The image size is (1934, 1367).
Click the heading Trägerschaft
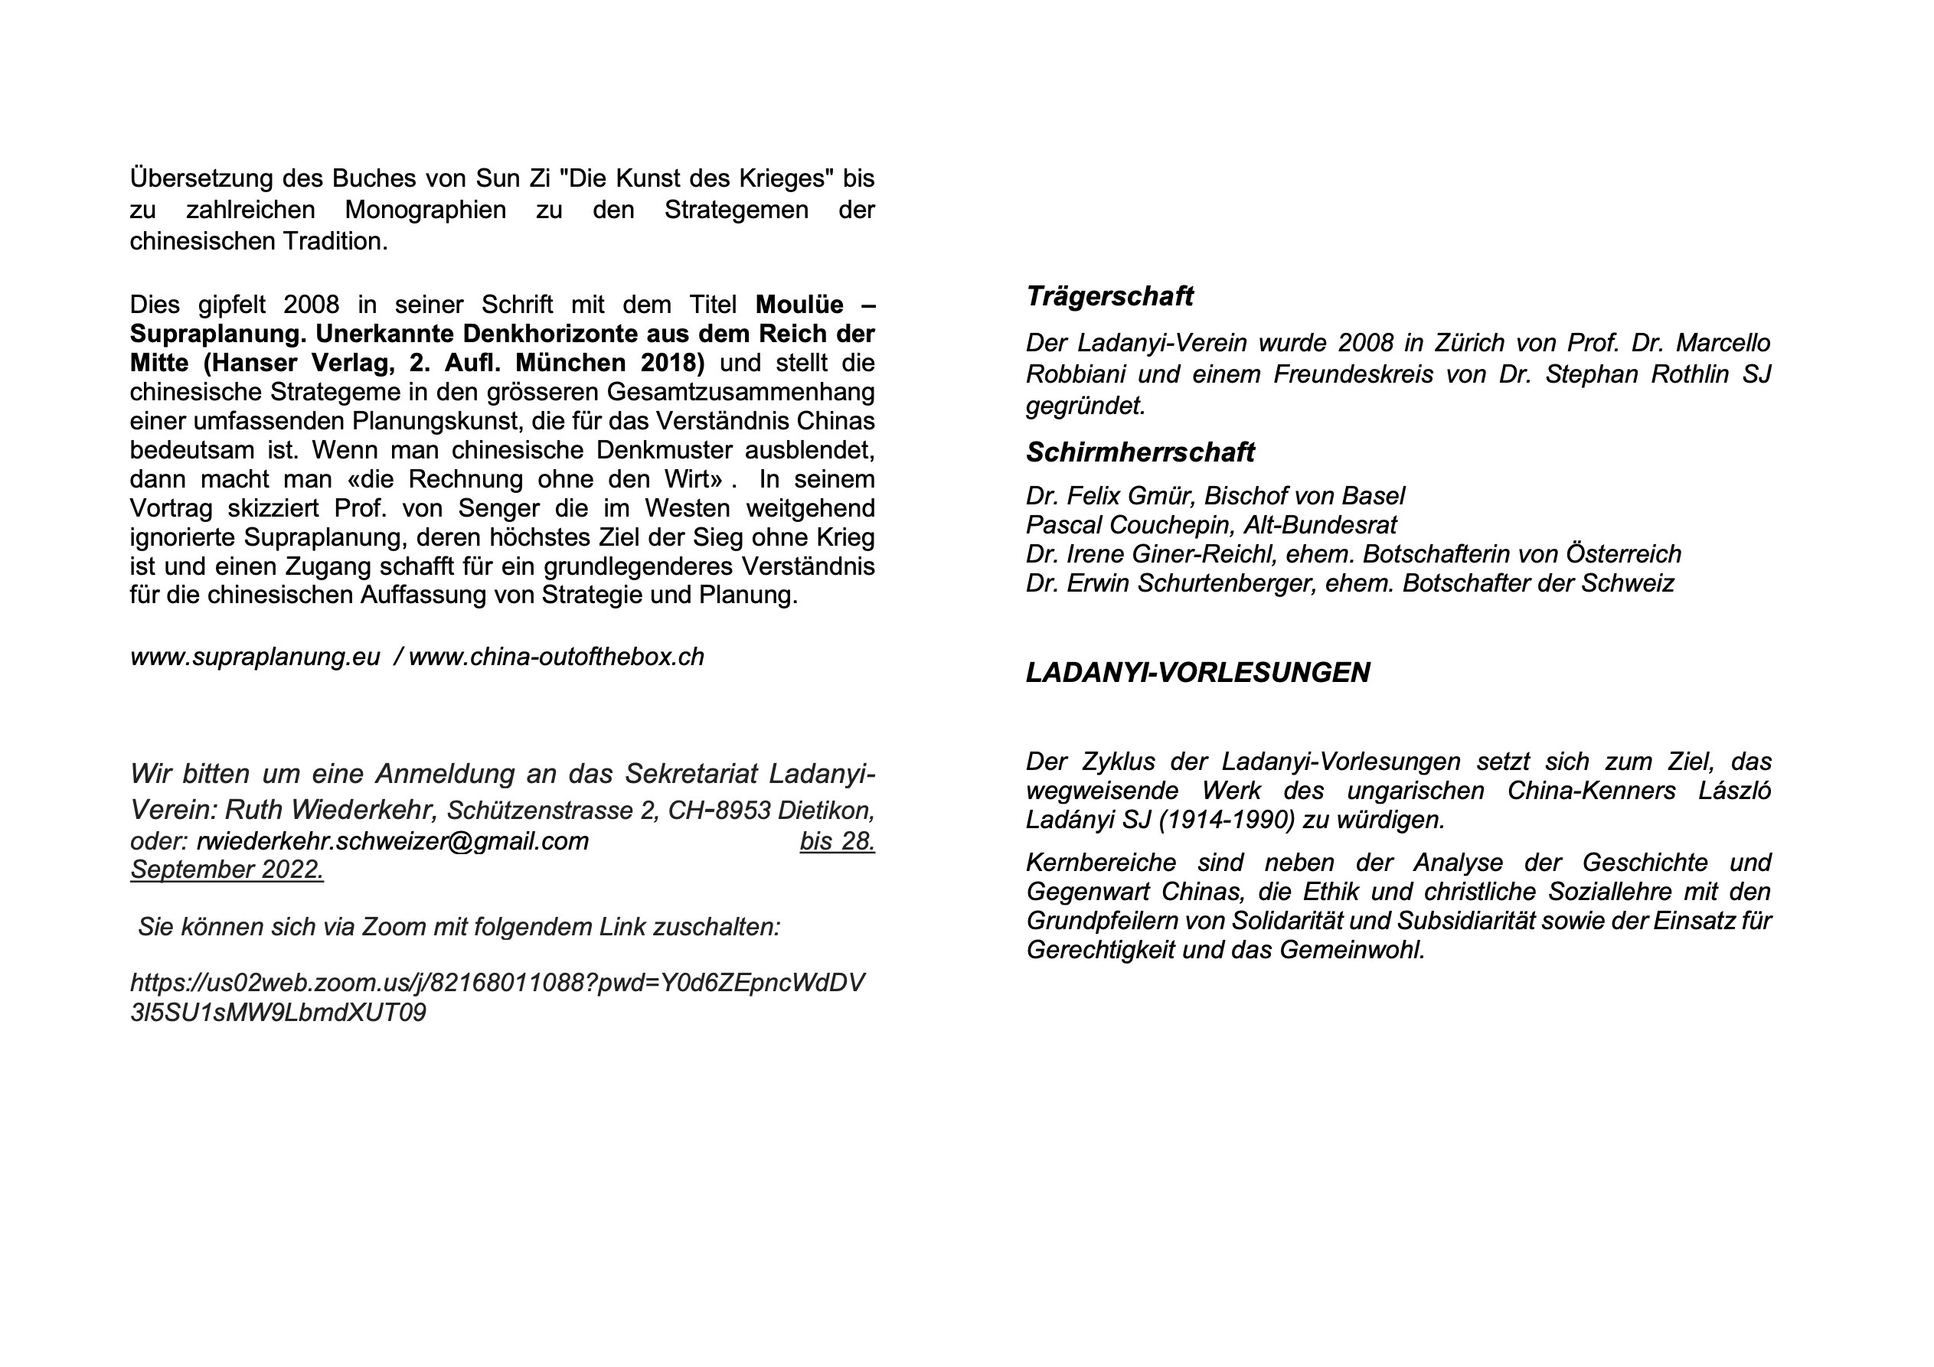pyautogui.click(x=1109, y=296)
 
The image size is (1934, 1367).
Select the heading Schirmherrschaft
pyautogui.click(x=1140, y=452)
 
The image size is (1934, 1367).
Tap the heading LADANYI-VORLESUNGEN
pyautogui.click(x=1197, y=672)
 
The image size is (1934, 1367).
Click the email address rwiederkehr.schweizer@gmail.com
pyautogui.click(x=393, y=841)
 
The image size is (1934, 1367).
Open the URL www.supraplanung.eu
pyautogui.click(x=254, y=657)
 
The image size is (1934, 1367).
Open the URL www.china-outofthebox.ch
pyautogui.click(x=556, y=657)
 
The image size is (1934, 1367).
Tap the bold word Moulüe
pyautogui.click(x=799, y=305)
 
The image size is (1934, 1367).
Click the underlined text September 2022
pyautogui.click(x=227, y=870)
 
